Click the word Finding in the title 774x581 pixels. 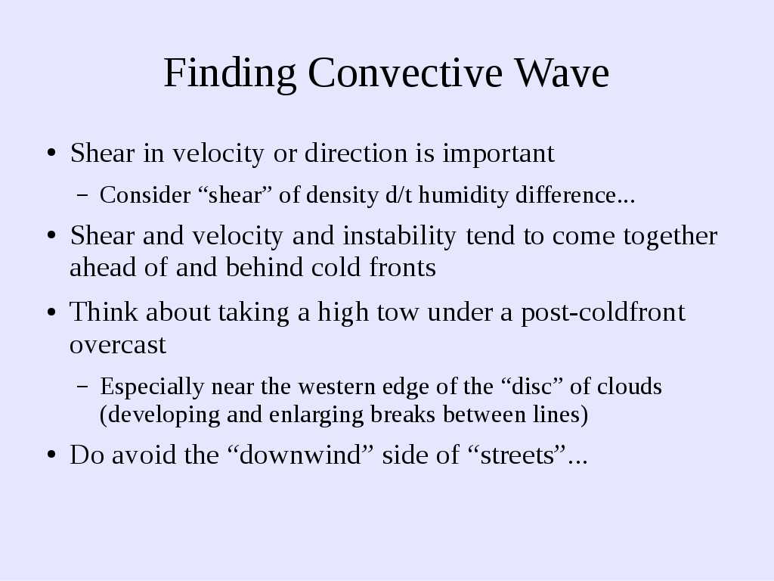pos(230,74)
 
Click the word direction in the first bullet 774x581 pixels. pos(356,153)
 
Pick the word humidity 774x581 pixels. pos(463,196)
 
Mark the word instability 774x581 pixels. pos(399,237)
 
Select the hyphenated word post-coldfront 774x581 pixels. pos(603,313)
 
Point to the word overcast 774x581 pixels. pos(118,345)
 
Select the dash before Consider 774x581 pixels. pos(83,196)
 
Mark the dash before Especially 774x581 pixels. pos(83,387)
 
